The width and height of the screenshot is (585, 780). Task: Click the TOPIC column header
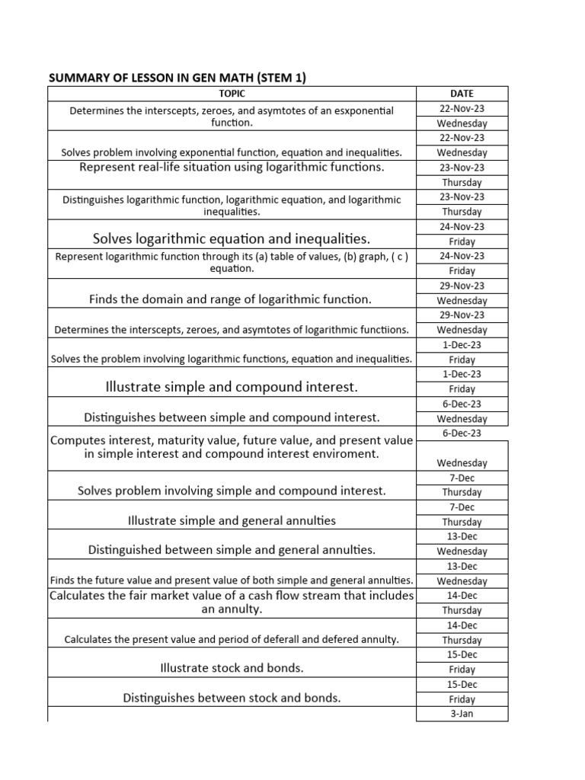point(232,94)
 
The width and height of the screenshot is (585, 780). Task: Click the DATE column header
point(462,94)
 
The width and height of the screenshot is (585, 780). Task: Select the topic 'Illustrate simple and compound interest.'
point(232,388)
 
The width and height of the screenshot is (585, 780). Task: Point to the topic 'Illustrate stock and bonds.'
point(232,668)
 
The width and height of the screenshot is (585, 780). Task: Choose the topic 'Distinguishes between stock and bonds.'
point(232,698)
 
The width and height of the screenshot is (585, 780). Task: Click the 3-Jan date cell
point(462,714)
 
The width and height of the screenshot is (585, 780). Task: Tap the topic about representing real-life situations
point(232,167)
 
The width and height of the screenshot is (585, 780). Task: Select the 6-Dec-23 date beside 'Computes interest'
point(462,433)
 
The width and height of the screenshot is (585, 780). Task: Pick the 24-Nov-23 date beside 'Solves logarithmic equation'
point(462,226)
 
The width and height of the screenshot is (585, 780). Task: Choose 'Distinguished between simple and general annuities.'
point(232,549)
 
